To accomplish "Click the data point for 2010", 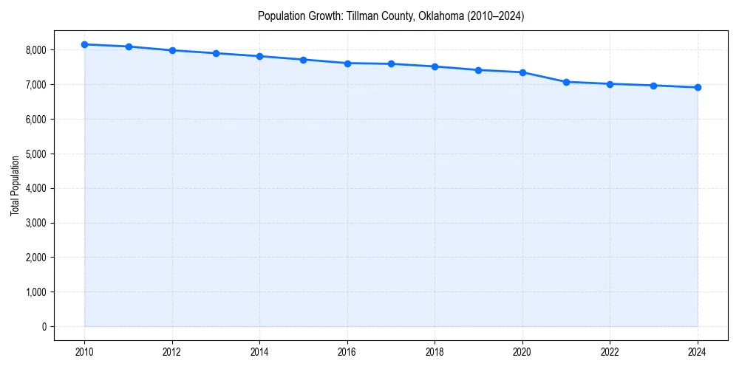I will [x=85, y=44].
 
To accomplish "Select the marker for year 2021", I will [x=566, y=82].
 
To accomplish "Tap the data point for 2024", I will [x=698, y=87].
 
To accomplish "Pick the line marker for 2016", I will [x=347, y=63].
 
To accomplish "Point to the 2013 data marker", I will [x=216, y=53].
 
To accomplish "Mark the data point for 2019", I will [x=479, y=70].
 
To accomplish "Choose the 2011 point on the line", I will [x=129, y=46].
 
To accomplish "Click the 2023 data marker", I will [x=654, y=86].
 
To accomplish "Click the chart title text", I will [x=391, y=15].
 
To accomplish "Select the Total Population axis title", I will [x=15, y=185].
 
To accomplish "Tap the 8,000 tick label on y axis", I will [x=35, y=50].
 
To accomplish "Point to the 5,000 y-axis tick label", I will [x=35, y=154].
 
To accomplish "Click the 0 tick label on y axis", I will [x=44, y=327].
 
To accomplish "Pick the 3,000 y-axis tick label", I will [x=35, y=223].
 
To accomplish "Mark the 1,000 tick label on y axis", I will [x=35, y=292].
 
